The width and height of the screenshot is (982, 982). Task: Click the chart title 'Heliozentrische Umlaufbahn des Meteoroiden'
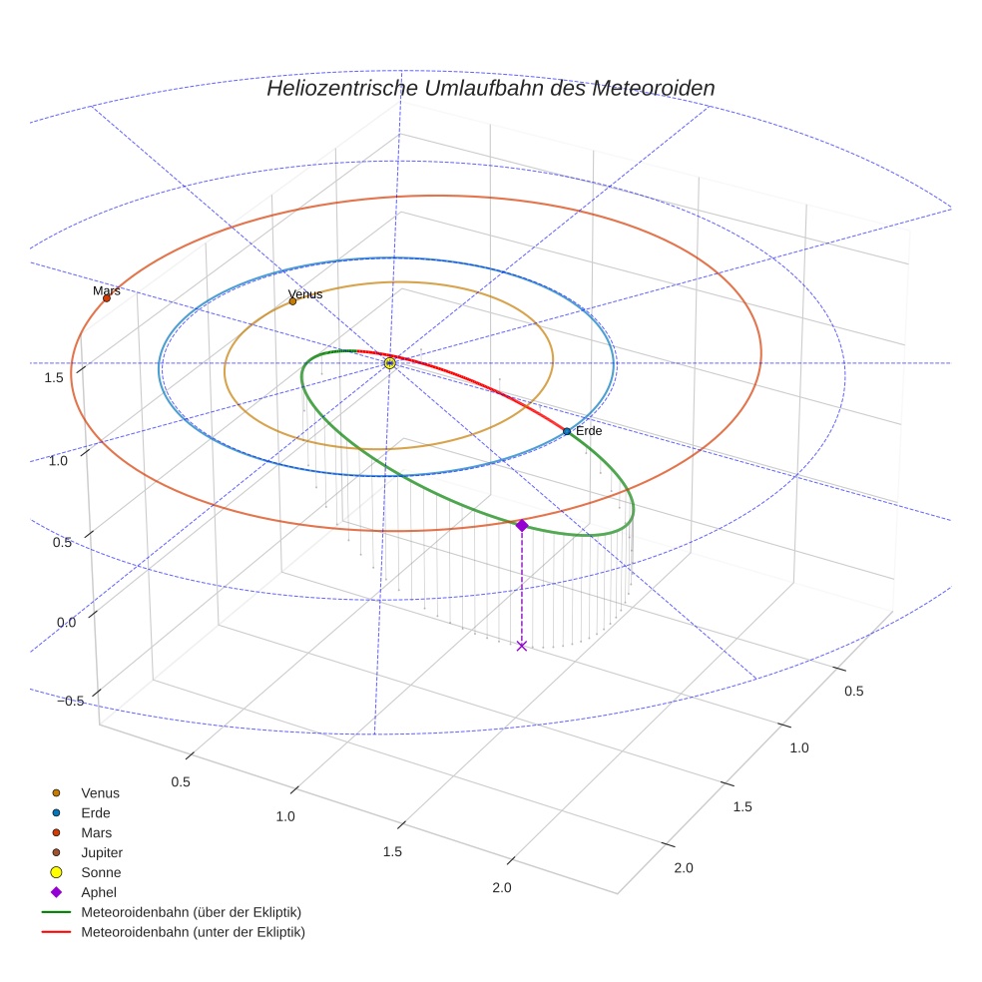[x=490, y=88]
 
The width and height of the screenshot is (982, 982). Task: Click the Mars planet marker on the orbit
[x=106, y=297]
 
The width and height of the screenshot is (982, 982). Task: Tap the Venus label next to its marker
[x=305, y=295]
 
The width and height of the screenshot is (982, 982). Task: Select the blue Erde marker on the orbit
[x=567, y=431]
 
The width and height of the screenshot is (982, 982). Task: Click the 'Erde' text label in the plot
[x=589, y=431]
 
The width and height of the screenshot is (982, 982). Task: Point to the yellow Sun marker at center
[x=390, y=363]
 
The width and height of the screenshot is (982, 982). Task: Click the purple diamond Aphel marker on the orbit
[x=521, y=525]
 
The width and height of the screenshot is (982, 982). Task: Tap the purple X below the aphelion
[x=521, y=646]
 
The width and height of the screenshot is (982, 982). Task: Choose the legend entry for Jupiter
[x=101, y=852]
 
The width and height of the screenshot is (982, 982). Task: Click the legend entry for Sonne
[x=101, y=872]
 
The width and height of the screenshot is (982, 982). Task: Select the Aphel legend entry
[x=99, y=892]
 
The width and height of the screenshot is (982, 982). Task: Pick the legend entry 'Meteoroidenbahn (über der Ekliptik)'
[x=191, y=912]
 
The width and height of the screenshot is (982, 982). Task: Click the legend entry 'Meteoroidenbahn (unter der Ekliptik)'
[x=193, y=932]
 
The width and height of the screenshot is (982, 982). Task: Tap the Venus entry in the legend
[x=100, y=792]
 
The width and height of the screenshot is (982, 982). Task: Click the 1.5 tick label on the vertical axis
[x=54, y=377]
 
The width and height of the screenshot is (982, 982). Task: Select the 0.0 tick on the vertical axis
[x=67, y=622]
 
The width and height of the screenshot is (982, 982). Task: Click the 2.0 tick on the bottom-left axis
[x=501, y=888]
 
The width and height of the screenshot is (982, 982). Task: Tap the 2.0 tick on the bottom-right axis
[x=684, y=868]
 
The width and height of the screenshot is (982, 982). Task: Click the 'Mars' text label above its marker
[x=106, y=291]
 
